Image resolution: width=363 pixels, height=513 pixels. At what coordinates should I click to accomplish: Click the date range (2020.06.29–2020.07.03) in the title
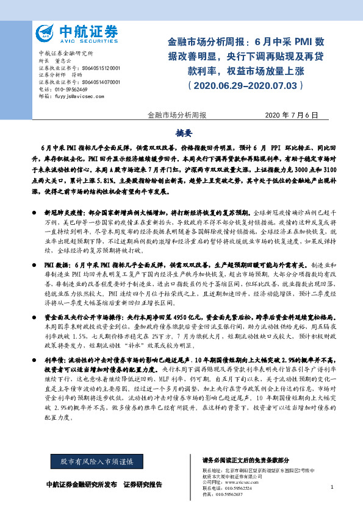point(246,86)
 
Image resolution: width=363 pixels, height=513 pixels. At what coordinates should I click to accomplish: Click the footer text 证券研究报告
point(143,484)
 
